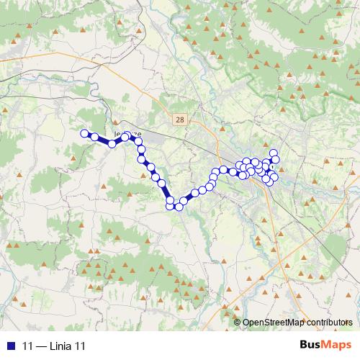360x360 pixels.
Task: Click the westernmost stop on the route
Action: pyautogui.click(x=84, y=133)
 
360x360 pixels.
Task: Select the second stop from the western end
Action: pyautogui.click(x=95, y=137)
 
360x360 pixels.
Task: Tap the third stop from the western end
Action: pyautogui.click(x=112, y=143)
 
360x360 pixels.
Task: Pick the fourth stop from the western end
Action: pyautogui.click(x=125, y=136)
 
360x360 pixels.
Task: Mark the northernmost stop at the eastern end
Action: pyautogui.click(x=274, y=153)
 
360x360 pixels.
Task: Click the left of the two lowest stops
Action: pyautogui.click(x=171, y=207)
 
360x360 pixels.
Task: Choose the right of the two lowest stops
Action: pyautogui.click(x=179, y=207)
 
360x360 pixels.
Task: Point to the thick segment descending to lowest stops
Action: pyautogui.click(x=166, y=193)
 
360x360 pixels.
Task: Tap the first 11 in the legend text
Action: pyautogui.click(x=28, y=346)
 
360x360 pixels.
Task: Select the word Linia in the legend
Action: pyautogui.click(x=60, y=346)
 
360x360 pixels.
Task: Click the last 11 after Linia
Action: pyautogui.click(x=80, y=346)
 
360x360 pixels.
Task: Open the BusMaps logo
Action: pyautogui.click(x=325, y=345)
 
